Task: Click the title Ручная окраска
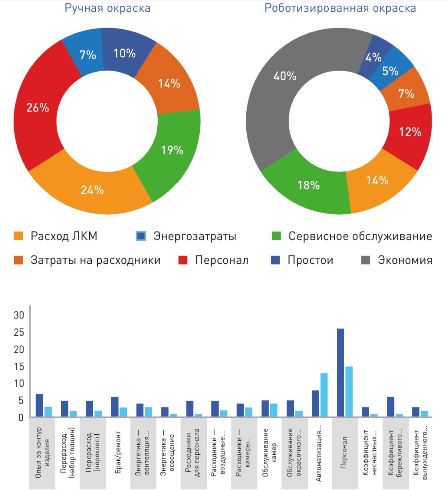(x=107, y=8)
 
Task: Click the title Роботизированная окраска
(x=340, y=8)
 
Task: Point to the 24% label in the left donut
(x=92, y=190)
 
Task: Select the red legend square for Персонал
(x=183, y=260)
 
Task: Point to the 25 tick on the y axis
(x=19, y=332)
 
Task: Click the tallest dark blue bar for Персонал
(x=340, y=373)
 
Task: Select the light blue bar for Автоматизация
(x=324, y=395)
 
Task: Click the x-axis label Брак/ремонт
(x=118, y=453)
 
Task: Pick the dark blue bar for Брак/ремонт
(x=115, y=407)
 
